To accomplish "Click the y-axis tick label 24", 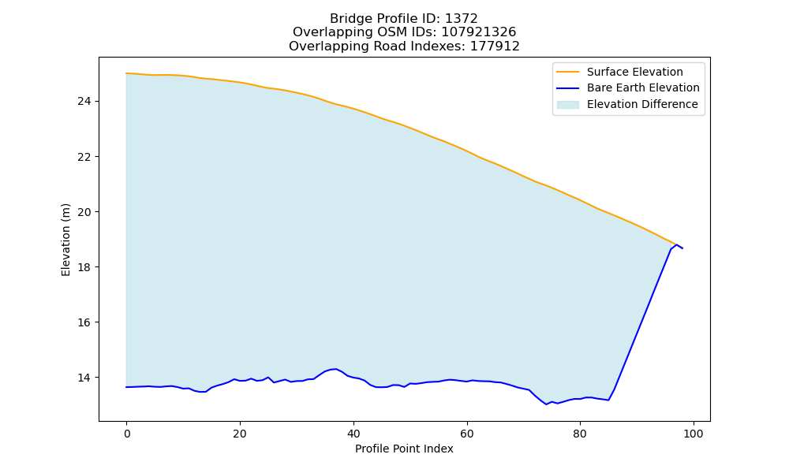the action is tap(84, 102).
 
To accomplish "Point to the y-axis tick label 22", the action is tap(84, 157).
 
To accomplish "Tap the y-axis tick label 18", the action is tap(84, 267).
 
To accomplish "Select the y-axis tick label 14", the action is tap(84, 378).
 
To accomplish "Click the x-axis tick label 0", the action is tap(127, 434).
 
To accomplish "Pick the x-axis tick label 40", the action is tap(353, 434).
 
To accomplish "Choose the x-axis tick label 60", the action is tap(467, 434).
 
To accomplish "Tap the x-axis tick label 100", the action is tap(694, 434).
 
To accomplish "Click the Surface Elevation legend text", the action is tap(634, 72).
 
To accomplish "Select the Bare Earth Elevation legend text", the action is tap(643, 88).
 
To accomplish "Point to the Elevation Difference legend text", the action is tap(642, 104).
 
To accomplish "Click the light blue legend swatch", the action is tap(567, 105).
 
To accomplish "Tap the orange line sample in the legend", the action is tap(567, 72).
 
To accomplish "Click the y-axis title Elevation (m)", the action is tap(65, 240).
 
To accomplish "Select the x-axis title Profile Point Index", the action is tap(404, 449).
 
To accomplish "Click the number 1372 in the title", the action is tap(462, 19).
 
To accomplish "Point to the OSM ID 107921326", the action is tap(479, 32).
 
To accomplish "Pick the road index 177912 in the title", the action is tap(495, 47).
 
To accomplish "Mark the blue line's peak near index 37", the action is tap(335, 369).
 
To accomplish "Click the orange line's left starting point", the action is tap(126, 73).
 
